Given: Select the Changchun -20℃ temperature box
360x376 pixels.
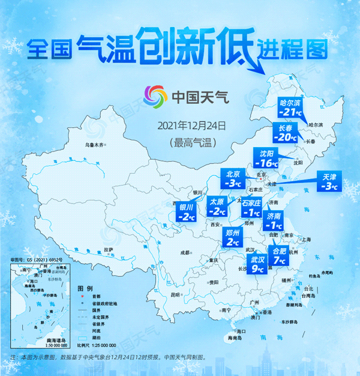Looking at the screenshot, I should (285, 133).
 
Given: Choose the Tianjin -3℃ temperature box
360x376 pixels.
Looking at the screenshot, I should (328, 181).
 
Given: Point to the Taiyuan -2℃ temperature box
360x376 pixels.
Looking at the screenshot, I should (217, 206).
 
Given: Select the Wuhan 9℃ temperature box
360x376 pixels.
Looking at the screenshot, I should (257, 264).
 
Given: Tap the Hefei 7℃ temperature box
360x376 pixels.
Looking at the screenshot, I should (280, 255).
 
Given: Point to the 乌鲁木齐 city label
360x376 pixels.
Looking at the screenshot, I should (98, 144).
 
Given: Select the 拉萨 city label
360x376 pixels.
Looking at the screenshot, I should (109, 249).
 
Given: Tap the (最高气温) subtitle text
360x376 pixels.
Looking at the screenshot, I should (191, 142).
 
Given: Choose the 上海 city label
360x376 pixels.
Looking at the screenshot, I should (307, 239).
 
